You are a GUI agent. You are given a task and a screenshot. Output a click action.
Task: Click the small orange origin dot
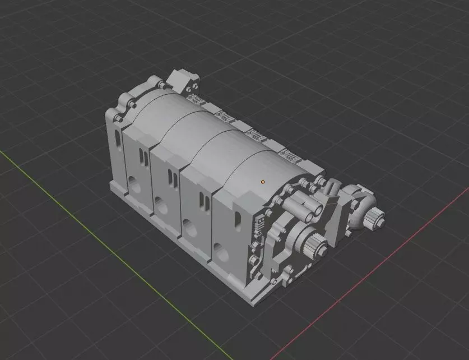pyautogui.click(x=262, y=182)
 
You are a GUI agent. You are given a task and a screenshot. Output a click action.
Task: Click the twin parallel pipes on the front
pyautogui.click(x=305, y=208)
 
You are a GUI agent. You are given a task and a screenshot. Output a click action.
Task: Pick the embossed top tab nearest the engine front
pyautogui.click(x=286, y=155)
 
